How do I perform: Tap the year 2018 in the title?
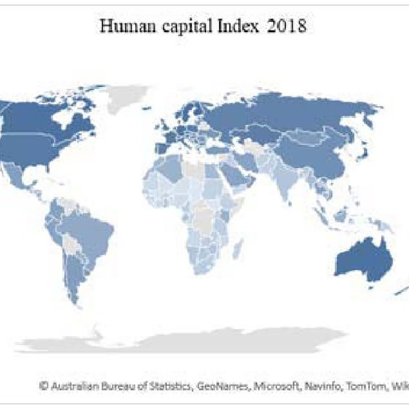[284, 26]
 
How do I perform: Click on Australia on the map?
[362, 261]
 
